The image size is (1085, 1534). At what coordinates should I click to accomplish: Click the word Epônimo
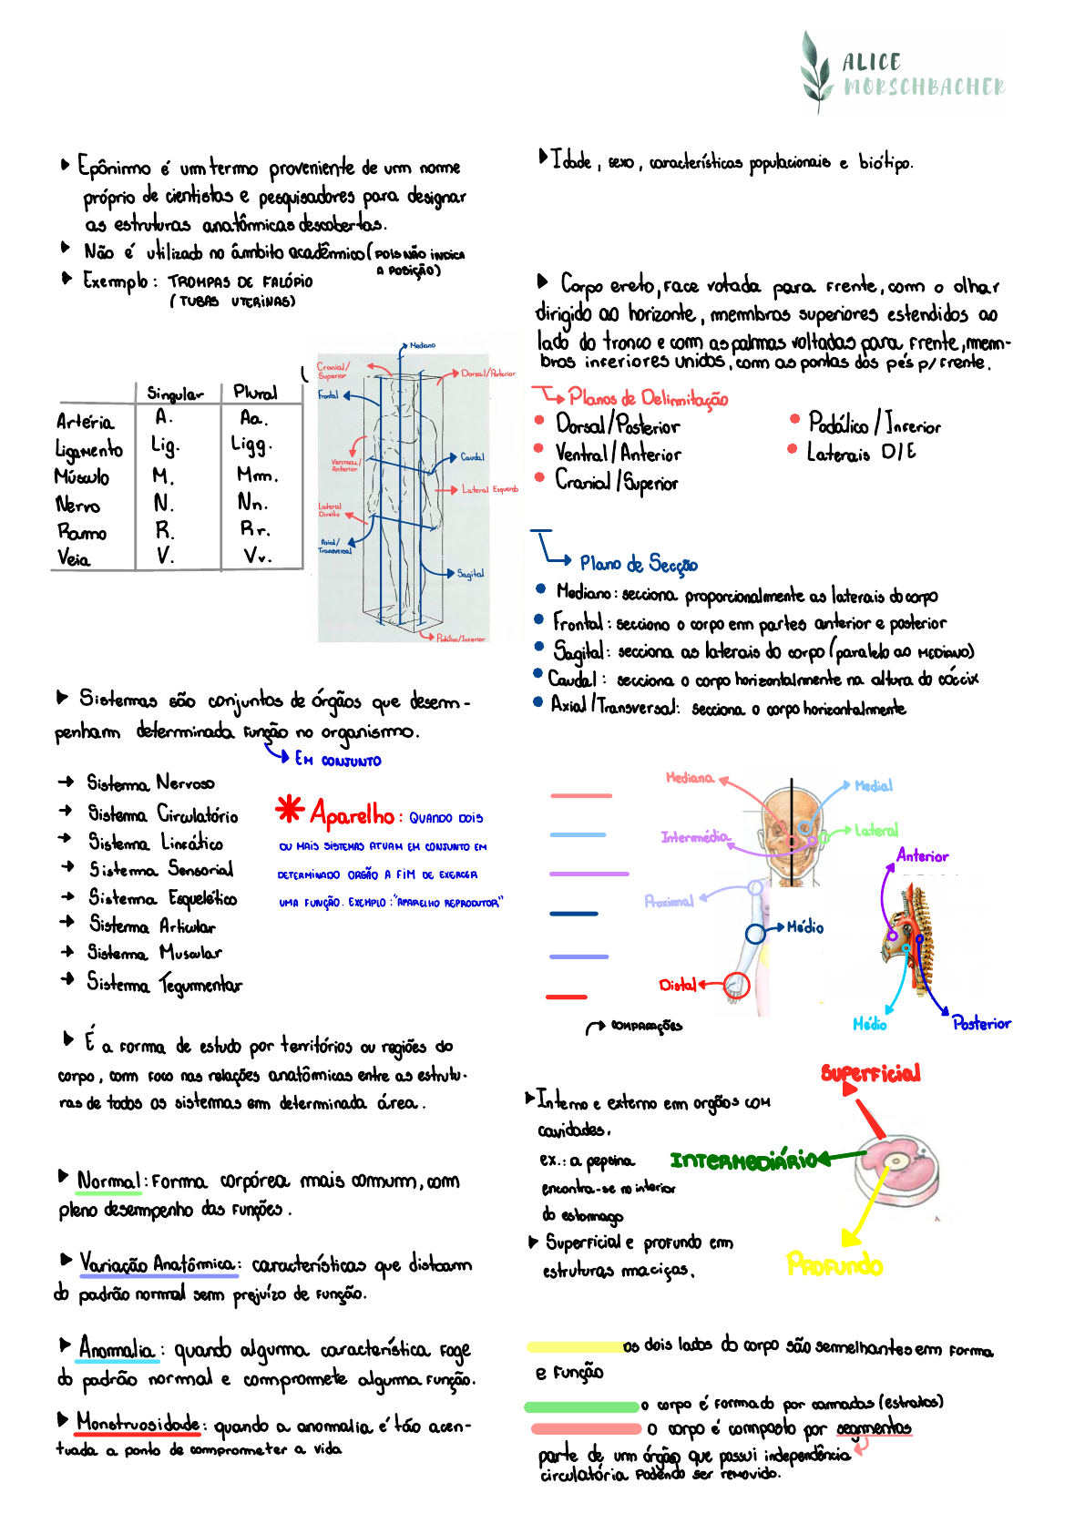[115, 168]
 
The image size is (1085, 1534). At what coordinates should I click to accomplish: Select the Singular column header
[175, 394]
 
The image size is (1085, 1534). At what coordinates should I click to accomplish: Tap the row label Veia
[74, 558]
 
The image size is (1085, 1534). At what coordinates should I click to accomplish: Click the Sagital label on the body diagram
[471, 574]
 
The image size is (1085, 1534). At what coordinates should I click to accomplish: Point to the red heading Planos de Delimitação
[647, 399]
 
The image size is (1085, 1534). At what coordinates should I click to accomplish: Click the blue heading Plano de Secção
[638, 564]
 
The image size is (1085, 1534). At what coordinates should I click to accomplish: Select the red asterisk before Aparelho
[290, 809]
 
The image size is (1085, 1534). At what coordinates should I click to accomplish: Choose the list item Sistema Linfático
[155, 843]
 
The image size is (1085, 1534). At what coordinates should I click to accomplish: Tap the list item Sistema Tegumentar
[164, 984]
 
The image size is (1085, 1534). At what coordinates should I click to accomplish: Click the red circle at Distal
[736, 985]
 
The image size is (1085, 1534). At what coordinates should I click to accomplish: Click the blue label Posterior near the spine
[981, 1024]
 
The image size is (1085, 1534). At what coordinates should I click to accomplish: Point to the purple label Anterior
[922, 856]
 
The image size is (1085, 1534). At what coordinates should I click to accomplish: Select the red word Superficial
[870, 1073]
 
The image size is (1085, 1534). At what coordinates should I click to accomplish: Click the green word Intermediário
[743, 1161]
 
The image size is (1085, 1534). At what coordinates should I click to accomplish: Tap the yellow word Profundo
[834, 1265]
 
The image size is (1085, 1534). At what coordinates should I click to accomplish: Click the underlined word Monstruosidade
[138, 1423]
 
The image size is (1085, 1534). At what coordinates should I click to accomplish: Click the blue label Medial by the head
[874, 786]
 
